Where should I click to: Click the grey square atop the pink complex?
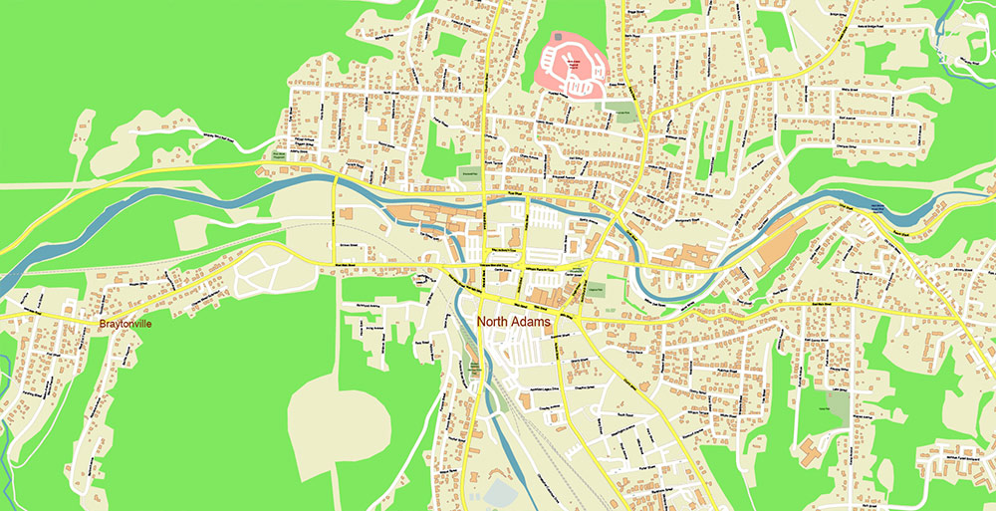558,37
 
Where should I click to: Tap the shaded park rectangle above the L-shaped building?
838,407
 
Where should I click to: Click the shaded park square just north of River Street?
468,172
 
